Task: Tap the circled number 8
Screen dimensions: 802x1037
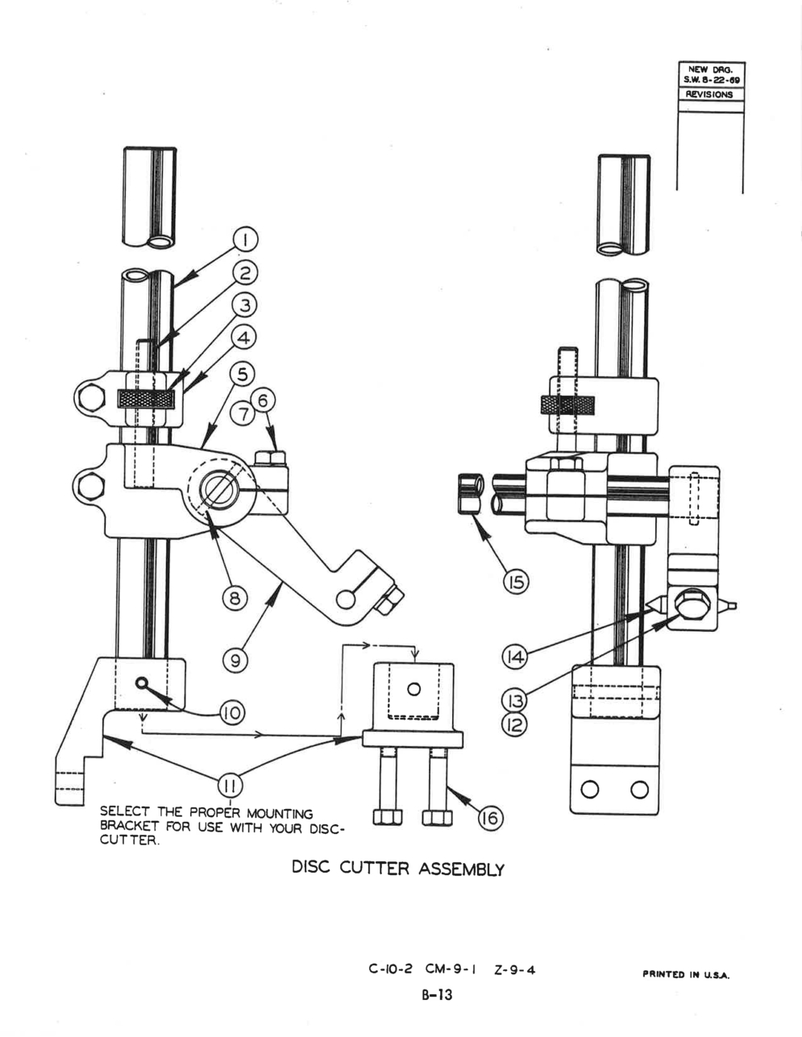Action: (x=235, y=598)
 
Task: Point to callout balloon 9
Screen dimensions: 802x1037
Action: (x=235, y=661)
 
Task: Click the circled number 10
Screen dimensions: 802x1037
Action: (x=232, y=713)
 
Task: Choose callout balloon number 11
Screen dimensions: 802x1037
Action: (x=231, y=785)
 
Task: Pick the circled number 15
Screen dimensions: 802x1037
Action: (x=517, y=583)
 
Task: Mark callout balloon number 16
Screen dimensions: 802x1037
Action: (x=491, y=818)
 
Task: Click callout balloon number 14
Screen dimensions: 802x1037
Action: (x=514, y=657)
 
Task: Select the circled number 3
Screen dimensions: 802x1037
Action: (x=245, y=305)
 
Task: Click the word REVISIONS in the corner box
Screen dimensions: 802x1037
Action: (x=709, y=94)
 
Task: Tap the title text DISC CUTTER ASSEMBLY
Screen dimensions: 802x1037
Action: (x=398, y=869)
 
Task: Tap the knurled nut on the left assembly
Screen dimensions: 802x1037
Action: (x=147, y=399)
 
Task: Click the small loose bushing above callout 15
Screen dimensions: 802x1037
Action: (x=471, y=493)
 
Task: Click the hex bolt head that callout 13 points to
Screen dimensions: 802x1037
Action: (x=690, y=604)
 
